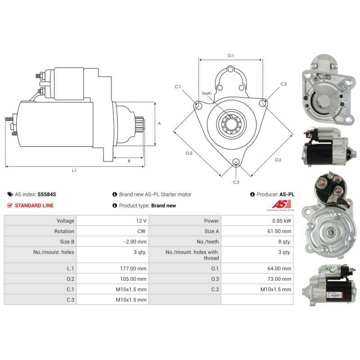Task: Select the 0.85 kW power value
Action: (281, 221)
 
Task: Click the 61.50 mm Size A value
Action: (280, 231)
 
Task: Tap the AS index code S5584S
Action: (47, 194)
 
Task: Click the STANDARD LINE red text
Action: (34, 206)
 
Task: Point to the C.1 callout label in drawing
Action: (178, 86)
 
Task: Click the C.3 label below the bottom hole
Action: (236, 182)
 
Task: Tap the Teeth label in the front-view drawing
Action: (207, 94)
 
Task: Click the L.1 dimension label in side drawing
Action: (74, 171)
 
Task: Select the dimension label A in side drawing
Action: (159, 124)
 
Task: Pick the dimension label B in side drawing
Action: (129, 161)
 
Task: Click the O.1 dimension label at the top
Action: (230, 55)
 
